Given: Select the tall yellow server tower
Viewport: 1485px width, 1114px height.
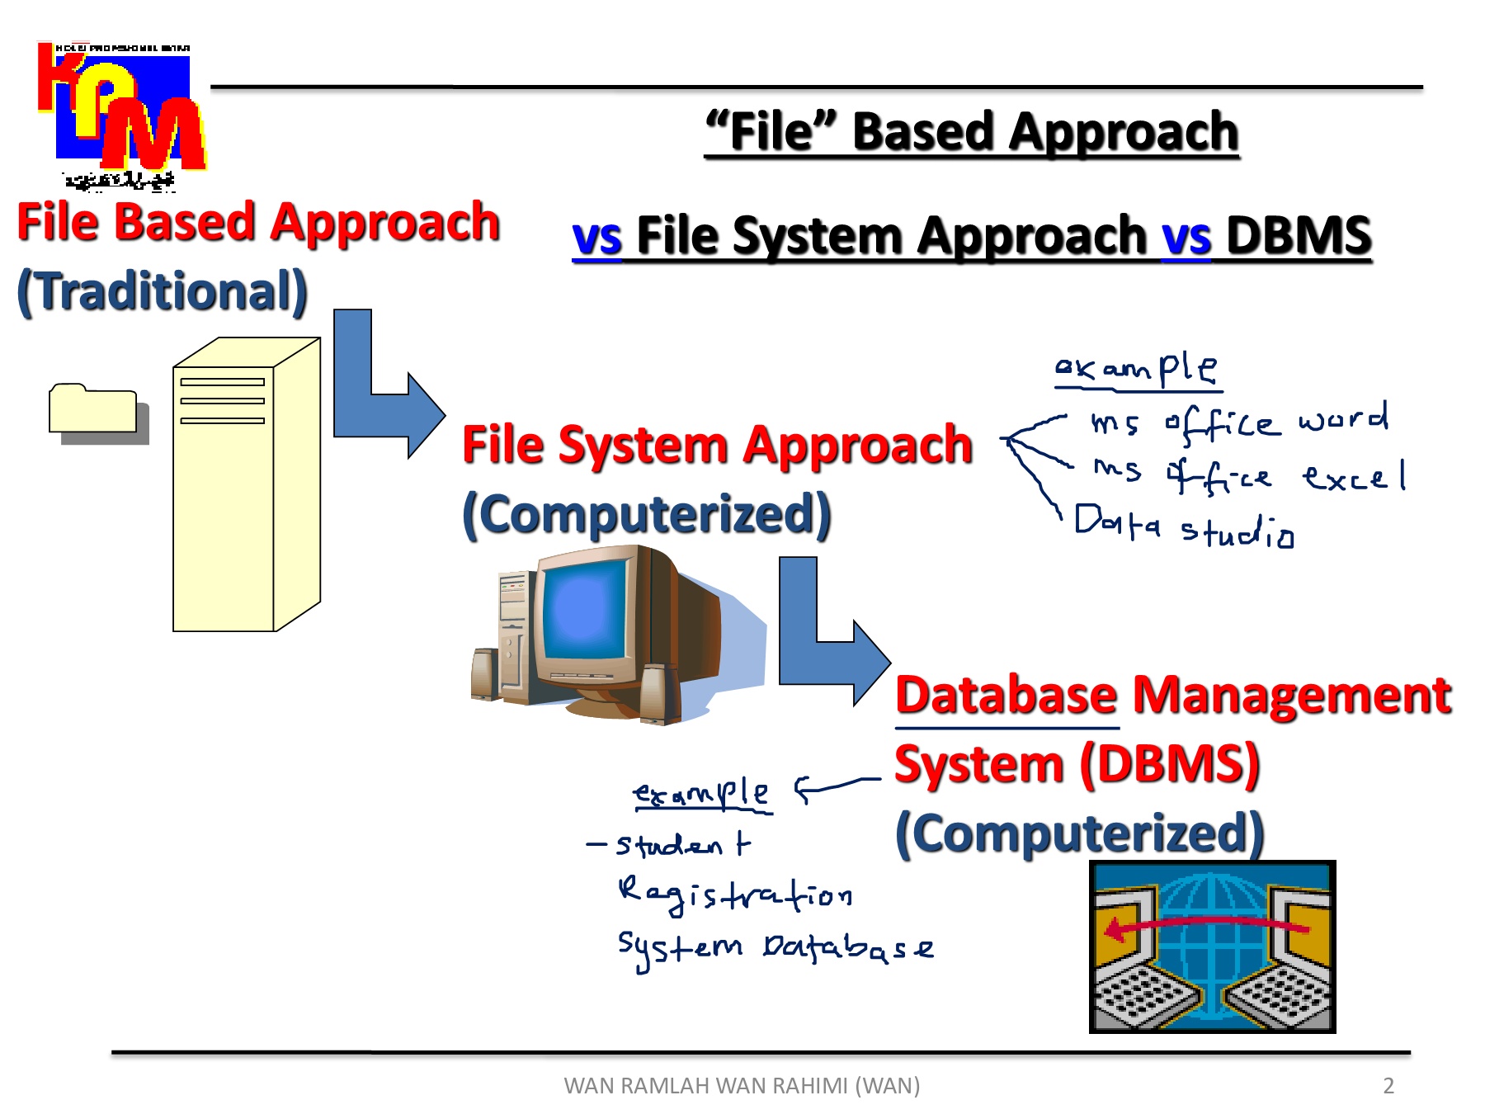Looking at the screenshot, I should [245, 487].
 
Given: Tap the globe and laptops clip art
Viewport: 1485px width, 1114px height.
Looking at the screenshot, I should [1212, 946].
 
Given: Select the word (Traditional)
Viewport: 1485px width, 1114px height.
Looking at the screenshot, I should [163, 291].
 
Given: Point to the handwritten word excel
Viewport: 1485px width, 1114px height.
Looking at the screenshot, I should [1354, 478].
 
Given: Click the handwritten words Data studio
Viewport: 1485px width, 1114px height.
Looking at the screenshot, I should [1184, 526].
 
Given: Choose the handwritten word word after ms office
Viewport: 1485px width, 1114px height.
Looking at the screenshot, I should [1343, 419].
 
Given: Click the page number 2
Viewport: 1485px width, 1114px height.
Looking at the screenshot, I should [1388, 1086].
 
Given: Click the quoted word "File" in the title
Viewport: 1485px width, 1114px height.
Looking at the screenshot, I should [771, 132].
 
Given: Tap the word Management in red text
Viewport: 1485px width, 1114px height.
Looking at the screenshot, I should [1291, 695].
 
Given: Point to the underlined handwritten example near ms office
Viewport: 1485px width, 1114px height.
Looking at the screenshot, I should [1137, 368].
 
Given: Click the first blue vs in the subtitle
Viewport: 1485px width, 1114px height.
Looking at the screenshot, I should [596, 238].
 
